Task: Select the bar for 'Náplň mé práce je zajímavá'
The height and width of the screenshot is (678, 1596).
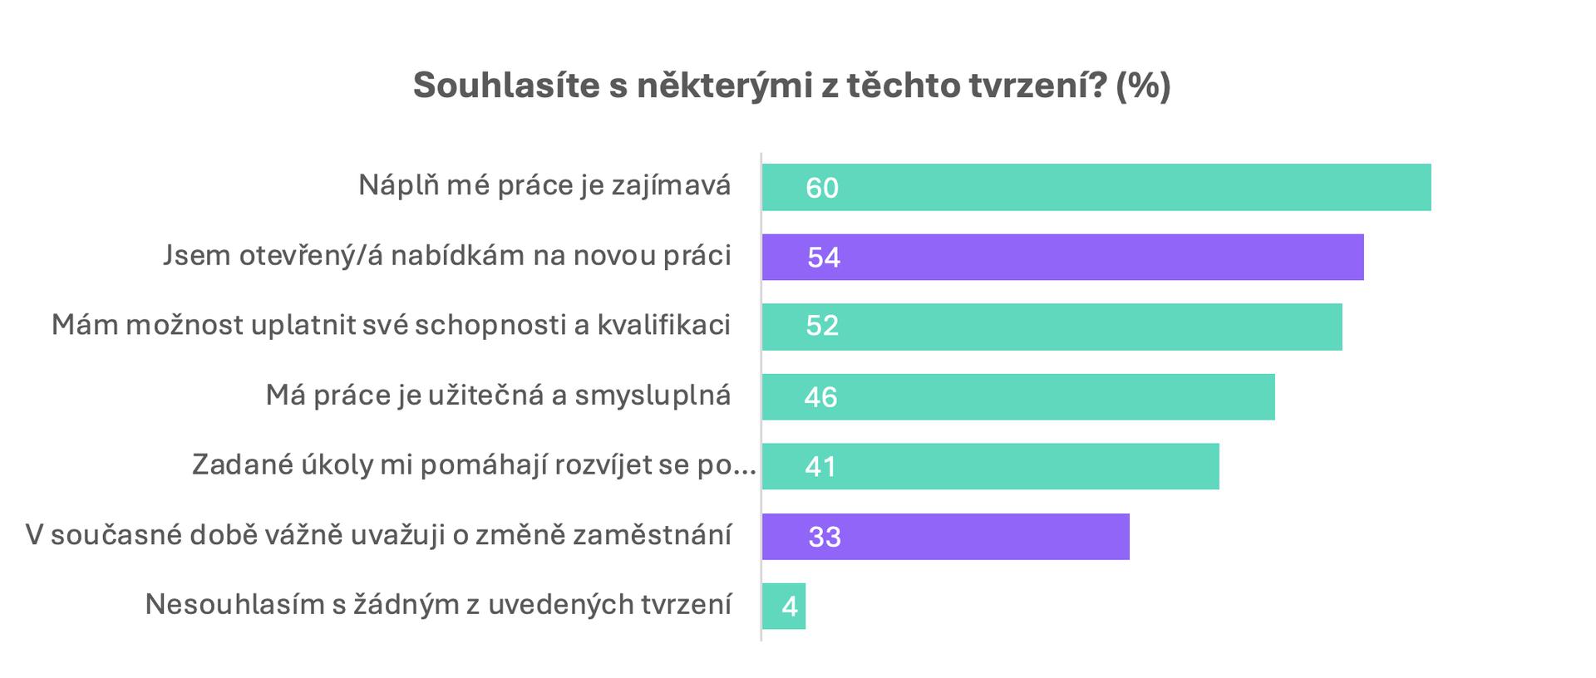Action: [1096, 187]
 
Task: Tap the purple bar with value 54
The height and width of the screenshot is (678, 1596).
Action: [1063, 257]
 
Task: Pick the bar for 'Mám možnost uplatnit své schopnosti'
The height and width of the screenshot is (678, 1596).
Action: [1052, 327]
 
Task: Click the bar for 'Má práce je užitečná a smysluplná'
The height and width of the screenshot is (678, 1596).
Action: [1018, 396]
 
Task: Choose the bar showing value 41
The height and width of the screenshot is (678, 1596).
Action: [991, 466]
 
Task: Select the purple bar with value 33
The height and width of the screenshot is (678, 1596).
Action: [946, 536]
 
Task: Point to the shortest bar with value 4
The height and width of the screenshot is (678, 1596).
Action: [784, 606]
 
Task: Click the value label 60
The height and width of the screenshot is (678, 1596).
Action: [822, 189]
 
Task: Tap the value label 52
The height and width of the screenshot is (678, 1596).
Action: [822, 326]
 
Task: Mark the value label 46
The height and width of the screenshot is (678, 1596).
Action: [820, 397]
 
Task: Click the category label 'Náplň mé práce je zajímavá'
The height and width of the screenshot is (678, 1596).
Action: [544, 185]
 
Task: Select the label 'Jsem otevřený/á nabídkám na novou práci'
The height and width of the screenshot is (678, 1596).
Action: [447, 256]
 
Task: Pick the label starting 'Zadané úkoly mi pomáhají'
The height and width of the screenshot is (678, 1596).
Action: [474, 465]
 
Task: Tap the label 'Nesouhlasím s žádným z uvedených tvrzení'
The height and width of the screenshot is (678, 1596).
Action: [438, 605]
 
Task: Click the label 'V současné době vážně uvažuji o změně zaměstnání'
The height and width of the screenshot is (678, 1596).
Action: [378, 535]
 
